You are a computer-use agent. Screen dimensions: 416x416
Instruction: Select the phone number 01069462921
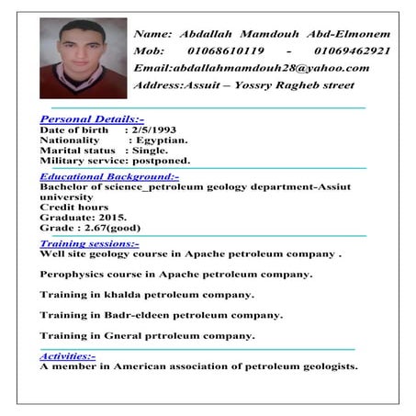355,51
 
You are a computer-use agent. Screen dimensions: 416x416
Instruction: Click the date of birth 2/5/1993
150,130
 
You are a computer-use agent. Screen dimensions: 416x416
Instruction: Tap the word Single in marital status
150,150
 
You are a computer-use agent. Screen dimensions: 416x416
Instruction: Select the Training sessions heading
89,243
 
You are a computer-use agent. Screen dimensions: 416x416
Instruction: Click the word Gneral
114,336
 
